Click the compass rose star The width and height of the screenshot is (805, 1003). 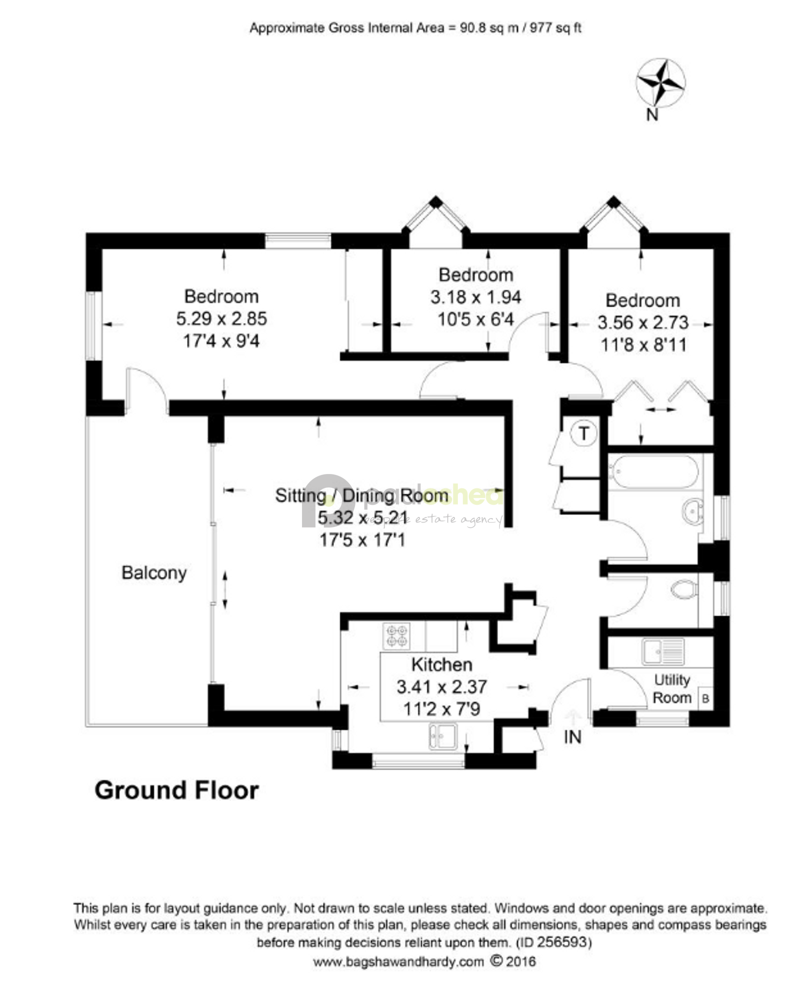660,83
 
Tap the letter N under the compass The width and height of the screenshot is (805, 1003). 653,115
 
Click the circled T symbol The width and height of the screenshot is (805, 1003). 584,433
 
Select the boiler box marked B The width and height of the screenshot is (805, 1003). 705,699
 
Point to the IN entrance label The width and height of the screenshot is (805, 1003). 572,737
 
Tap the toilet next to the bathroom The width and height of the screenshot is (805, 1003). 685,589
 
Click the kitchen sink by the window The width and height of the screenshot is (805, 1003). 443,737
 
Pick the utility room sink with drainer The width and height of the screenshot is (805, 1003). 663,651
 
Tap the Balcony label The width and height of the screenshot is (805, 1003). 154,573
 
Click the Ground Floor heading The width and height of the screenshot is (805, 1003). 177,791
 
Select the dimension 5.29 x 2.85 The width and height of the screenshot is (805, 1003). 222,318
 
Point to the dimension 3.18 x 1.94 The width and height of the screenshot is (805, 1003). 476,297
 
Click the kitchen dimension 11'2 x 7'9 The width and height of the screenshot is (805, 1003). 442,709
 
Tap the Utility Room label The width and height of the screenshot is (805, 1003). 672,689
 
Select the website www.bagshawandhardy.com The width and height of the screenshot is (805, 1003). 399,961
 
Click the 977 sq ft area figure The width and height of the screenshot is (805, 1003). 555,28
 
